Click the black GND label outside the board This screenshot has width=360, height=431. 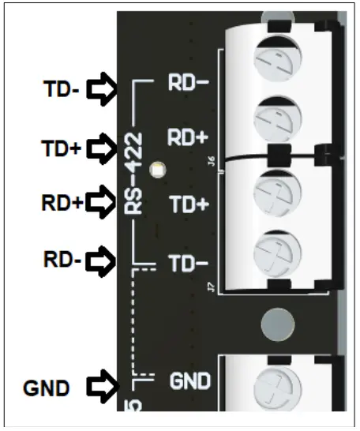[47, 387]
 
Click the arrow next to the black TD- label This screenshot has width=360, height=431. [101, 92]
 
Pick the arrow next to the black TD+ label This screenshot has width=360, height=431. [101, 147]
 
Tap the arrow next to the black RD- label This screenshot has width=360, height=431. [101, 258]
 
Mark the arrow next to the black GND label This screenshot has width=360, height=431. [101, 387]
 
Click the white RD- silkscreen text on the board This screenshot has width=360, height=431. [188, 84]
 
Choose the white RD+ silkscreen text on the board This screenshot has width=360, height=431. [188, 137]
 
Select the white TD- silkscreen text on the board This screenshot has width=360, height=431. [188, 263]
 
